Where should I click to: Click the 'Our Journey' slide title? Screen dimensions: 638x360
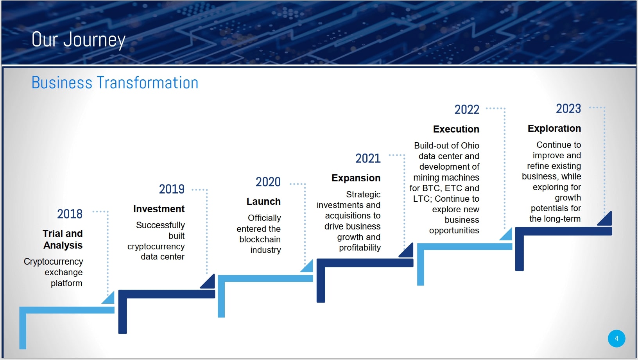[x=78, y=39]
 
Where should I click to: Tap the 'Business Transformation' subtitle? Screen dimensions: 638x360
[x=115, y=82]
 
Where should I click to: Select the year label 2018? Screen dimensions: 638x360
[x=70, y=214]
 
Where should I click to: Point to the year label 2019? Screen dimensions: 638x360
[x=172, y=189]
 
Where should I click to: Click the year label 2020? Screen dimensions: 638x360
[x=268, y=182]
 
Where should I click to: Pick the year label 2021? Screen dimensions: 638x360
[x=368, y=158]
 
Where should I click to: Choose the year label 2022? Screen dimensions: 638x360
[x=467, y=110]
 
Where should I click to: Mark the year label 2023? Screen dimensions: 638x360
[x=568, y=109]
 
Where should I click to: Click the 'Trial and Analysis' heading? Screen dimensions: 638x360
[x=63, y=239]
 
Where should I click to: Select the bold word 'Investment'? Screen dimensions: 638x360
[x=159, y=209]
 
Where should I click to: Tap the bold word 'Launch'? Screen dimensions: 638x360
[x=264, y=201]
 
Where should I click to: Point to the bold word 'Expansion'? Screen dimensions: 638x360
[x=356, y=178]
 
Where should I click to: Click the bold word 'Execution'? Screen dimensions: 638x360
[x=456, y=129]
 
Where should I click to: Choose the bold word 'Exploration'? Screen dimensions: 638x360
[x=554, y=128]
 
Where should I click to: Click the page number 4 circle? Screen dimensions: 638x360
[x=616, y=339]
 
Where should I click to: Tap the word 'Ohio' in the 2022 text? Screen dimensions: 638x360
[x=470, y=145]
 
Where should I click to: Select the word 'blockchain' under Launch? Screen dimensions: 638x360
[x=260, y=239]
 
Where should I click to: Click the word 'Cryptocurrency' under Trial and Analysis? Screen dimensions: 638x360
[x=53, y=262]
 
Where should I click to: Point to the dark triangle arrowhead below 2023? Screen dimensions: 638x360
[x=605, y=219]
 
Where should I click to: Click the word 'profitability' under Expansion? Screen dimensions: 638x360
[x=360, y=248]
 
